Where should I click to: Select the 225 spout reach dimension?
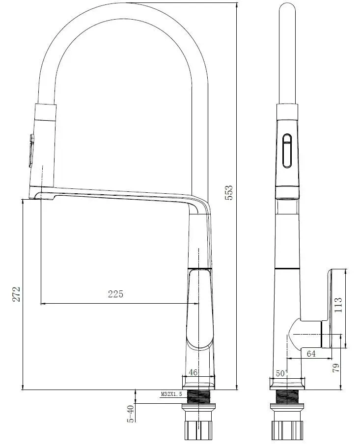(115, 294)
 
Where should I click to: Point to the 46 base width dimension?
(193, 372)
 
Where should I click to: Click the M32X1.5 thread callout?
(171, 394)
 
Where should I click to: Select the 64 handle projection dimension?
(311, 354)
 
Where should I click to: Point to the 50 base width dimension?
(281, 373)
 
